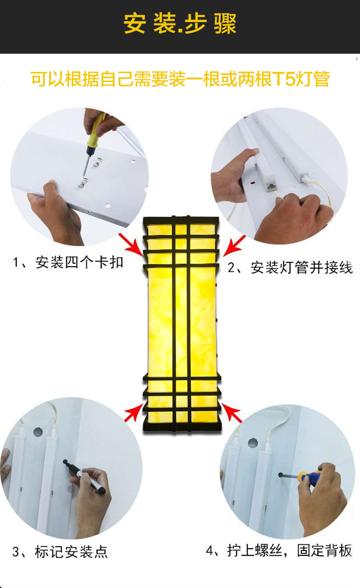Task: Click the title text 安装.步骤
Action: point(180,24)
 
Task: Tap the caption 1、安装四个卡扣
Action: point(68,262)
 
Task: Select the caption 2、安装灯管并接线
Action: point(290,268)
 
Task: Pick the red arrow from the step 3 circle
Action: point(134,412)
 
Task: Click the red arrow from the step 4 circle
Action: point(231,413)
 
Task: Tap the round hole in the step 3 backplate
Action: point(38,432)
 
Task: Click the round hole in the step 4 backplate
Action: point(253,443)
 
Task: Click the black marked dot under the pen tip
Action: point(65,461)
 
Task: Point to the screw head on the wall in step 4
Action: point(281,475)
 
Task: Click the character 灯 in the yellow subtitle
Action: point(304,79)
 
